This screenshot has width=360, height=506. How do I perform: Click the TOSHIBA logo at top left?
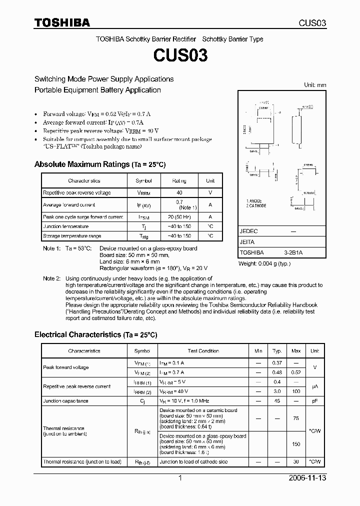pyautogui.click(x=62, y=23)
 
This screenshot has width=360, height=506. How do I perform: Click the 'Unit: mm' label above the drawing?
pyautogui.click(x=315, y=85)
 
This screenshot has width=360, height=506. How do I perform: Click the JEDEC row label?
pyautogui.click(x=248, y=231)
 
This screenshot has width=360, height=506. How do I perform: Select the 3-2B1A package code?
pyautogui.click(x=293, y=253)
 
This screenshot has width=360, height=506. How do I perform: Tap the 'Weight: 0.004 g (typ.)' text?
pyautogui.click(x=264, y=263)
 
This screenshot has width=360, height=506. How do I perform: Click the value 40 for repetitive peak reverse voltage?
pyautogui.click(x=179, y=192)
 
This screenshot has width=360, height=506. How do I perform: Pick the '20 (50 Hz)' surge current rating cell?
pyautogui.click(x=179, y=217)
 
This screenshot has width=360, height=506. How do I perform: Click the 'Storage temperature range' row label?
pyautogui.click(x=72, y=236)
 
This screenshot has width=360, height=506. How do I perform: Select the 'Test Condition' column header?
pyautogui.click(x=203, y=351)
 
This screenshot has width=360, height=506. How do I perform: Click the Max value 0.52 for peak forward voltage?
pyautogui.click(x=296, y=372)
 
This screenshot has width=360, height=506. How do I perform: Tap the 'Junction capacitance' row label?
pyautogui.click(x=65, y=401)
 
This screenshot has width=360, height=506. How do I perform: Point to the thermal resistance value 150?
pyautogui.click(x=296, y=444)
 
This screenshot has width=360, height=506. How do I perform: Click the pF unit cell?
pyautogui.click(x=314, y=401)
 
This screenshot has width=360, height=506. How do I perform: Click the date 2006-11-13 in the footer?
pyautogui.click(x=308, y=478)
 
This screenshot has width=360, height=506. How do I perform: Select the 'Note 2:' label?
pyautogui.click(x=51, y=278)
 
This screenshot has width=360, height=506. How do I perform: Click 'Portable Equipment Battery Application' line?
pyautogui.click(x=97, y=90)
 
